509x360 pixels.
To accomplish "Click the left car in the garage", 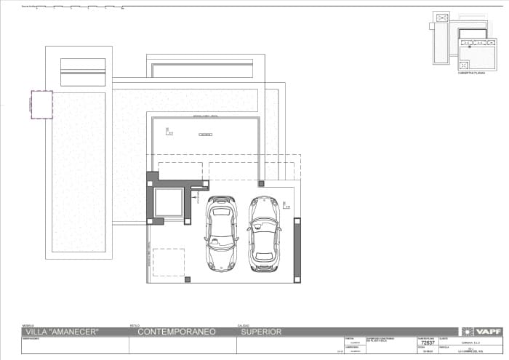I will [221, 233].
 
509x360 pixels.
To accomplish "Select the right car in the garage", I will [265, 233].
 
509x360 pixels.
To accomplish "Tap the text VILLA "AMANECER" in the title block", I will [62, 332].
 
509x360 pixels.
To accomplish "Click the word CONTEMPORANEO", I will [177, 332].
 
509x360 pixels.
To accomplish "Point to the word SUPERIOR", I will [261, 332].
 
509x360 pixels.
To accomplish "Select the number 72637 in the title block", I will [428, 345].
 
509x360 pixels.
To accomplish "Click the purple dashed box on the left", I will [41, 104].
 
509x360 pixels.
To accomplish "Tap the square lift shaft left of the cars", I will [168, 202].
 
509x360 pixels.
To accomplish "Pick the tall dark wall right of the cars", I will [297, 249].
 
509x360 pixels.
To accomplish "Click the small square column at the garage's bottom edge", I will [188, 279].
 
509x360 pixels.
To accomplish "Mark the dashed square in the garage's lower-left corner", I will [169, 262].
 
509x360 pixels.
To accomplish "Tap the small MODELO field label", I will [28, 325].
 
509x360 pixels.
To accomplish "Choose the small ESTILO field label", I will [135, 325].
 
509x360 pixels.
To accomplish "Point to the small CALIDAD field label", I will [244, 325].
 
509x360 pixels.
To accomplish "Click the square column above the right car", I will [261, 184].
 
